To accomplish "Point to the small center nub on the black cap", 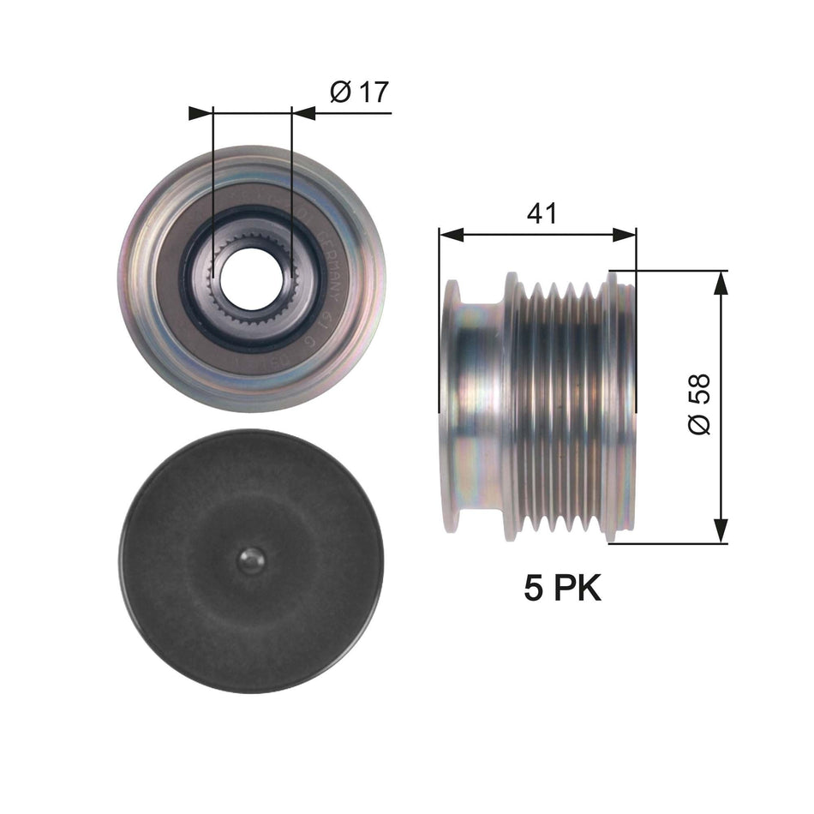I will [x=250, y=561].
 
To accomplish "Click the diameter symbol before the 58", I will [x=698, y=424].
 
